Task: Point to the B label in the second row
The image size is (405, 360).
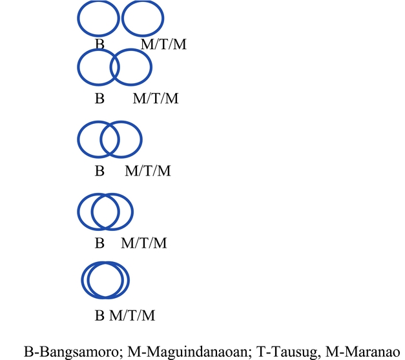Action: tap(99, 99)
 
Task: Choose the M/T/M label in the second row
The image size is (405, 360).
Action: tap(155, 99)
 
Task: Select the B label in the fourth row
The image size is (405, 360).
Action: tap(99, 243)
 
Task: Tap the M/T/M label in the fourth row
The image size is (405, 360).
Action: tap(144, 243)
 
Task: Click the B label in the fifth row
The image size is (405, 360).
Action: tap(99, 316)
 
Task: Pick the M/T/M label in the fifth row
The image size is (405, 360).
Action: tap(132, 316)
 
